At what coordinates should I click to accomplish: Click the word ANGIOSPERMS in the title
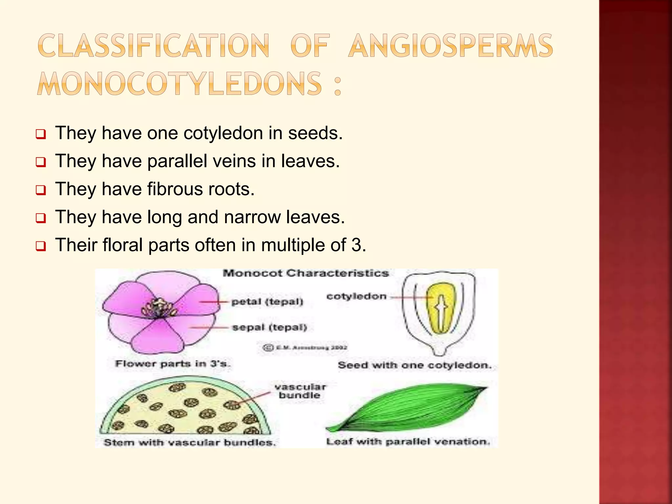point(450,46)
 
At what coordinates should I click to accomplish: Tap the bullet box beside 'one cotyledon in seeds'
point(41,134)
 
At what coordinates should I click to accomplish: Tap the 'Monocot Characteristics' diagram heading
point(305,273)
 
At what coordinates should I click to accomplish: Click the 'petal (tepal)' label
point(267,302)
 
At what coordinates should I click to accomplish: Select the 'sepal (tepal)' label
point(269,327)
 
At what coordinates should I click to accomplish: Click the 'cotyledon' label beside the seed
point(356,297)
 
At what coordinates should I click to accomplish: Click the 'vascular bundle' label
point(300,391)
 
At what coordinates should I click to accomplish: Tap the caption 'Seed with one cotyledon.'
point(415,365)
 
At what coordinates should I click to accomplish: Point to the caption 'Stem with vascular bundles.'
point(190,443)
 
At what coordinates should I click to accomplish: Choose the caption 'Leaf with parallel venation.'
point(408,442)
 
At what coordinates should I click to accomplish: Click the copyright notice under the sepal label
point(305,347)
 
